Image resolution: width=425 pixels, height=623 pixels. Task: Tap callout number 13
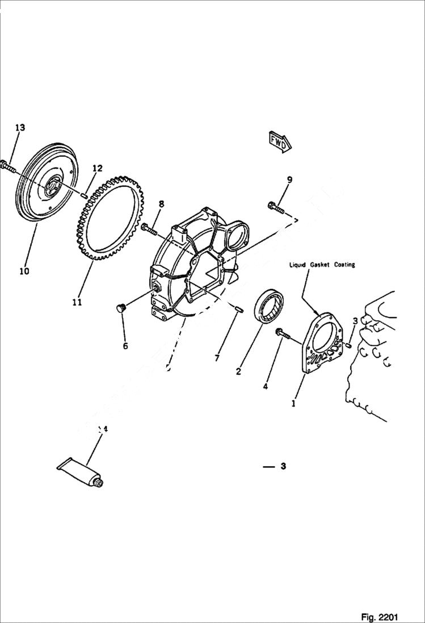pyautogui.click(x=20, y=128)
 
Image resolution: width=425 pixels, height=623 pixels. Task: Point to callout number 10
pyautogui.click(x=24, y=271)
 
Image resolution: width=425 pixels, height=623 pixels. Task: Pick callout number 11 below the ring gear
pyautogui.click(x=77, y=302)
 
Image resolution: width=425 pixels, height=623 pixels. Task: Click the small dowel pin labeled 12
pyautogui.click(x=84, y=195)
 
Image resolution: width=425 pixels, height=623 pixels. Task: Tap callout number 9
pyautogui.click(x=289, y=180)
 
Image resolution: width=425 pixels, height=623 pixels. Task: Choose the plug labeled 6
pyautogui.click(x=119, y=308)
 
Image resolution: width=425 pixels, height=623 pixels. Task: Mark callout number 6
pyautogui.click(x=125, y=345)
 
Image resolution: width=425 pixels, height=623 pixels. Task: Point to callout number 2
pyautogui.click(x=238, y=372)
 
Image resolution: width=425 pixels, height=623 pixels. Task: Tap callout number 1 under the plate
pyautogui.click(x=293, y=404)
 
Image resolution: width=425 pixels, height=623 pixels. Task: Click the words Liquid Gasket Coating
pyautogui.click(x=322, y=265)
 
